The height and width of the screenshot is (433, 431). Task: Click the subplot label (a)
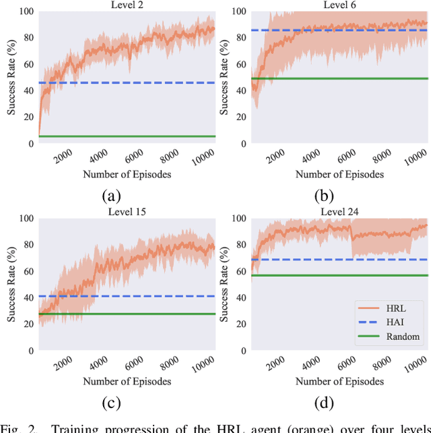[x=111, y=196]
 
